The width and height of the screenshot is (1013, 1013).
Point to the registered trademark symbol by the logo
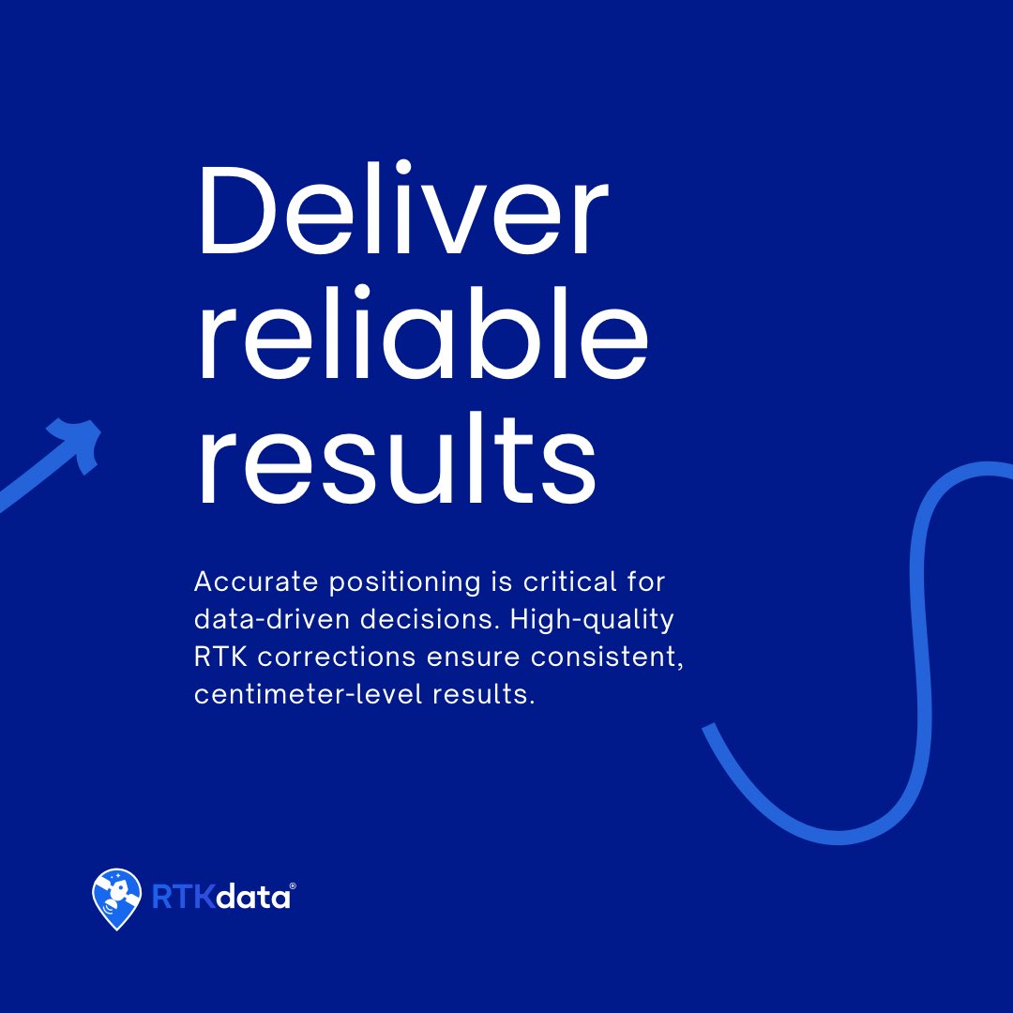(294, 886)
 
